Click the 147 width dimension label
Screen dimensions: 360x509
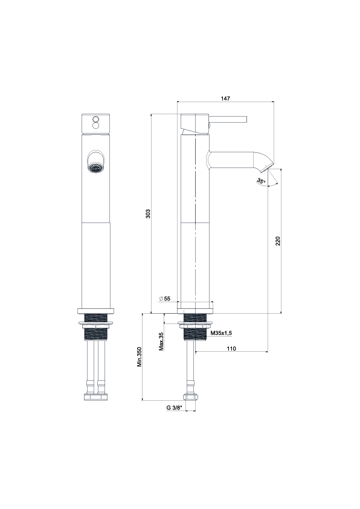point(225,98)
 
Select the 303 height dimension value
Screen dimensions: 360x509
point(148,213)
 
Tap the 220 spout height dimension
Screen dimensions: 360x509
point(278,241)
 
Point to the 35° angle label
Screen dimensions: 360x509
point(261,181)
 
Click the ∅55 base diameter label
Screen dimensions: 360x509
point(165,298)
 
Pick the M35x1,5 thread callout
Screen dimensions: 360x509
point(221,333)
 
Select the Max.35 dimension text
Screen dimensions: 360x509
point(161,342)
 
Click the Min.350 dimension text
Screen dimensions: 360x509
point(140,357)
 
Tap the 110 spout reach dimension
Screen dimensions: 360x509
point(231,349)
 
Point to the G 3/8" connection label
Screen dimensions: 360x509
point(175,407)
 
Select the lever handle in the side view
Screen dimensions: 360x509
point(228,119)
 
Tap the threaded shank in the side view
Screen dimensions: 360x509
point(195,327)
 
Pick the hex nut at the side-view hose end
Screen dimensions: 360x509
point(190,397)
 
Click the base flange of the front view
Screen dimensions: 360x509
point(95,311)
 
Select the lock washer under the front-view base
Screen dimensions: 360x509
point(95,323)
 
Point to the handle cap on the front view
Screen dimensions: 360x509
point(95,124)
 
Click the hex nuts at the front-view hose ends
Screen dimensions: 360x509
point(95,397)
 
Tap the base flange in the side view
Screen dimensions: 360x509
point(196,307)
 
